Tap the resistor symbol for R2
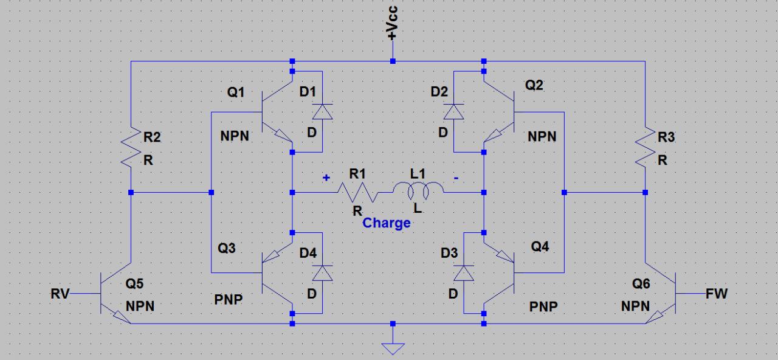(x=131, y=149)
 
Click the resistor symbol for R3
(x=645, y=149)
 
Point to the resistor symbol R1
(x=357, y=192)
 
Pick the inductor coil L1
(x=418, y=192)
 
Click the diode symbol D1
(x=322, y=111)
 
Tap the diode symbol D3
(x=465, y=273)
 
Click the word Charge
(x=387, y=223)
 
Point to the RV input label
(x=60, y=294)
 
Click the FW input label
(x=717, y=294)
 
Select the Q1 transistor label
(x=236, y=92)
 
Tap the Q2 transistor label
(x=534, y=85)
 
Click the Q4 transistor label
(x=540, y=247)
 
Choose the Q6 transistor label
(x=641, y=283)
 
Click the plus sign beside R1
(x=326, y=178)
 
